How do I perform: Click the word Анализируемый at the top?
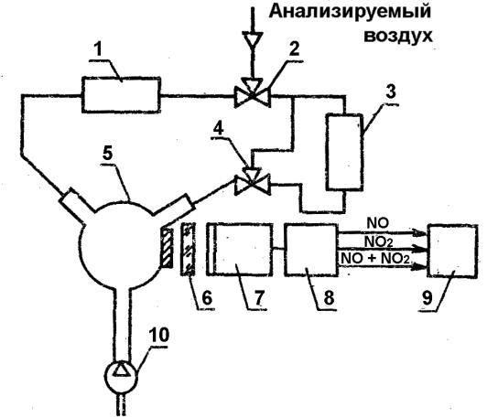coord(350,13)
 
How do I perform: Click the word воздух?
coord(398,36)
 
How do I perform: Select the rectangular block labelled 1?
coord(121,94)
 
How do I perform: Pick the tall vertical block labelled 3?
coord(344,152)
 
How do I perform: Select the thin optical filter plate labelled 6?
coord(189,249)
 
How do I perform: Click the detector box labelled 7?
coord(240,249)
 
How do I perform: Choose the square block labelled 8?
coord(311,249)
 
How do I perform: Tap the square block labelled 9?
coord(452,250)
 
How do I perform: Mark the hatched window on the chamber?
coord(167,248)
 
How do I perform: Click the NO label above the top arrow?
coord(378,223)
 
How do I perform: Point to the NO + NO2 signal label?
coord(375,258)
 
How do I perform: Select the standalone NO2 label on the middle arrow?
coord(379,241)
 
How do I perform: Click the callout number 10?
coord(159,335)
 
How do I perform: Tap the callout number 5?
coord(108,154)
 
